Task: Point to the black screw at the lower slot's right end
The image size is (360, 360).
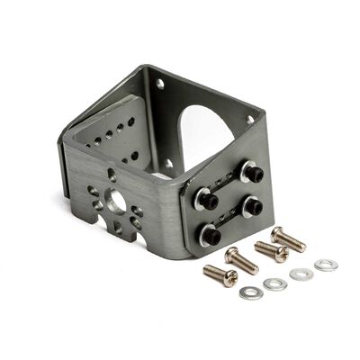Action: tap(252, 208)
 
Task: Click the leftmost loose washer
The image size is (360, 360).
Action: tap(251, 292)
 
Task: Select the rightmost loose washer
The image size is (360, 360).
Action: tap(326, 265)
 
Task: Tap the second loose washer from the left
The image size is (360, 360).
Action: tap(275, 284)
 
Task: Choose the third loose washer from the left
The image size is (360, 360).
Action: tap(301, 274)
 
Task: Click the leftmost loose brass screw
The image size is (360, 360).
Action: tap(220, 274)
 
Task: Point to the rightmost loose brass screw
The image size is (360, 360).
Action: tap(288, 238)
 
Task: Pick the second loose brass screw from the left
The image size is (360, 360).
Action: tap(241, 260)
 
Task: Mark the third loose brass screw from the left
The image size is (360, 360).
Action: tap(270, 250)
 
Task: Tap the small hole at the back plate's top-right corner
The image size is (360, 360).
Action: tap(250, 119)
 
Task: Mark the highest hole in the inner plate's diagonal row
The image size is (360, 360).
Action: tap(131, 121)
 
